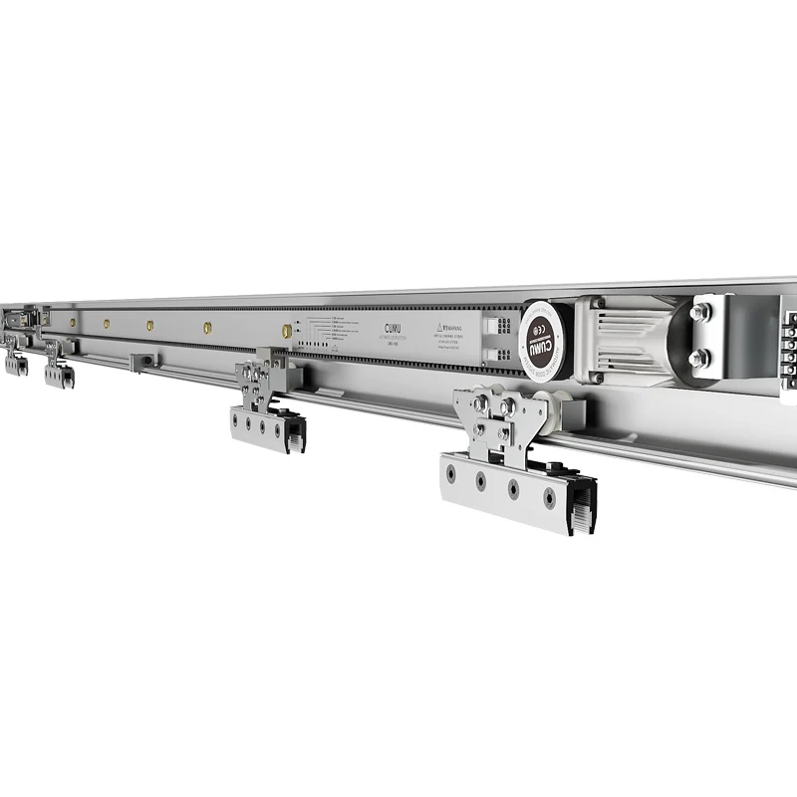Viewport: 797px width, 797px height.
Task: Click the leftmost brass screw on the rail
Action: pos(73,323)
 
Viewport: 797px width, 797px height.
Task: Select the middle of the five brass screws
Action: pos(149,325)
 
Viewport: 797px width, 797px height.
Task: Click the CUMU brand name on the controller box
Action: pos(391,326)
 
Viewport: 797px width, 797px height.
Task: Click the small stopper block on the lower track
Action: pos(143,360)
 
